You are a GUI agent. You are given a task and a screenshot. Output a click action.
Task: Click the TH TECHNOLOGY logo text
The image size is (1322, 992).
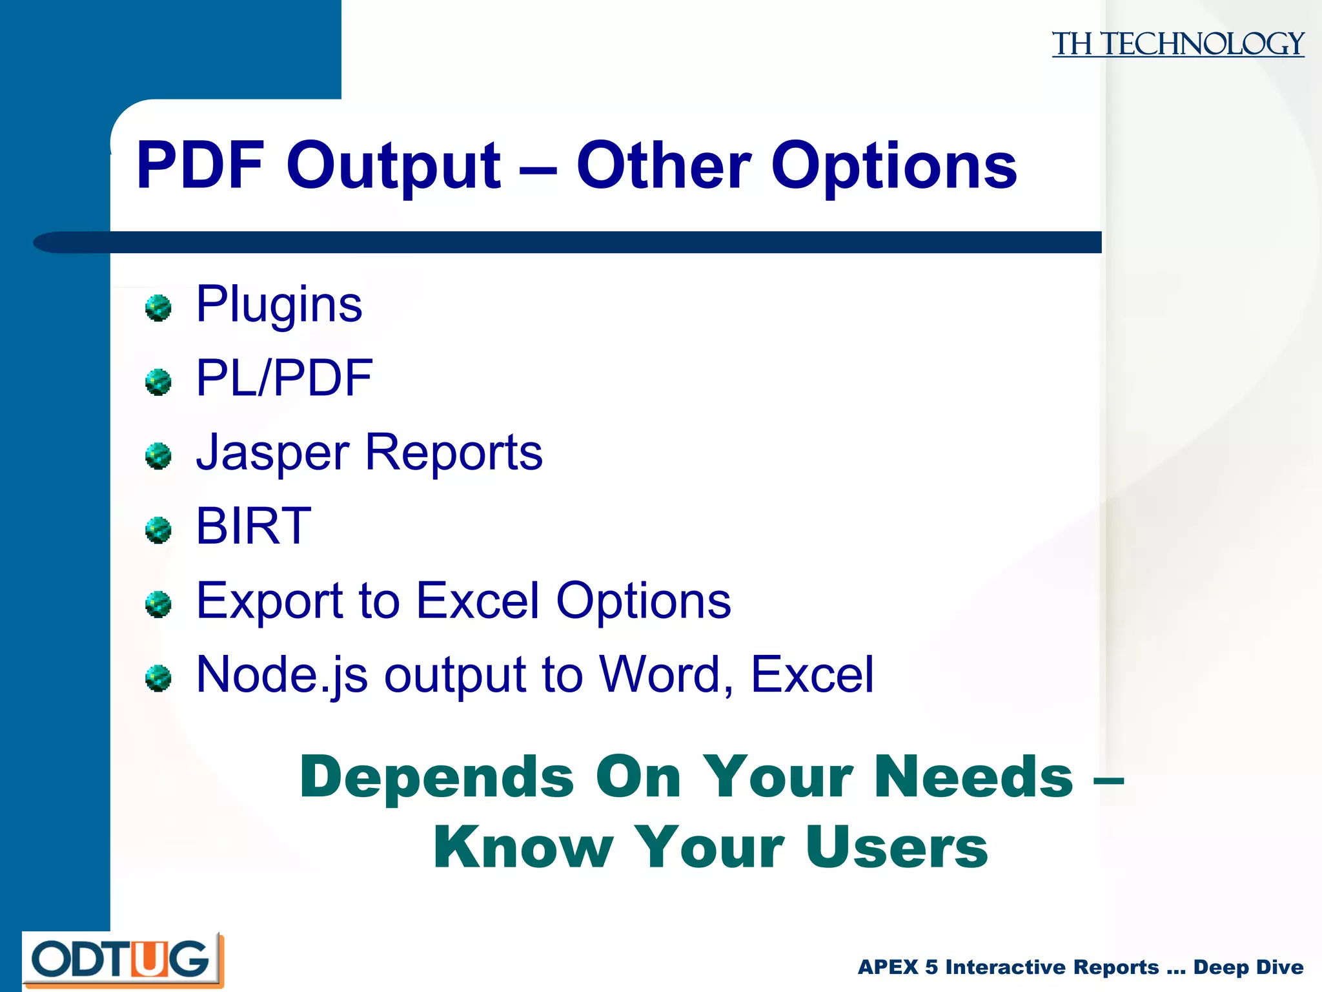[x=1177, y=44]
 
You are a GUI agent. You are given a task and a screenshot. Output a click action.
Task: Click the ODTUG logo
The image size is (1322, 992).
[x=122, y=960]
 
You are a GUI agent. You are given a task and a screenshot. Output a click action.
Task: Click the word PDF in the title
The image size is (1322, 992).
[x=201, y=166]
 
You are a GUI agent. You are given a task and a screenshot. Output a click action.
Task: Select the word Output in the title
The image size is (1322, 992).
[x=393, y=166]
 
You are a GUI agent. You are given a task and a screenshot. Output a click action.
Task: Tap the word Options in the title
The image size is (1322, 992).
[x=893, y=166]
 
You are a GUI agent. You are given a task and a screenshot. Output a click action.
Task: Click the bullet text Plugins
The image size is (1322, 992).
[x=279, y=304]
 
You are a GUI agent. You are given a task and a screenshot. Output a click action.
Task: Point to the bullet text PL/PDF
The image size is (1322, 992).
[x=284, y=378]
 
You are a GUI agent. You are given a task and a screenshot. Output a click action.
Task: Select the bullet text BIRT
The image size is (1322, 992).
[x=253, y=526]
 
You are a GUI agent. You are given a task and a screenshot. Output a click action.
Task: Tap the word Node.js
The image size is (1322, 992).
[x=281, y=675]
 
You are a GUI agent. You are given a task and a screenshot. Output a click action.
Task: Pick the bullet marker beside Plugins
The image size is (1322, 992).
[x=158, y=308]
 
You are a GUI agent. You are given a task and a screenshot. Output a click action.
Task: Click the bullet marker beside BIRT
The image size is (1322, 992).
[x=158, y=530]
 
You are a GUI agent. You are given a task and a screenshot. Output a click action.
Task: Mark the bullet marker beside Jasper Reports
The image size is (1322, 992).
[x=158, y=456]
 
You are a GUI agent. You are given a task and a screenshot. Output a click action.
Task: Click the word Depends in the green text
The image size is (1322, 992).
[x=436, y=778]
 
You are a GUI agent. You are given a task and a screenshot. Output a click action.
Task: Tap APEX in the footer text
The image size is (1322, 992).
[x=888, y=967]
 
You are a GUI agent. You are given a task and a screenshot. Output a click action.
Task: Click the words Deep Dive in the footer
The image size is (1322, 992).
[x=1248, y=967]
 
